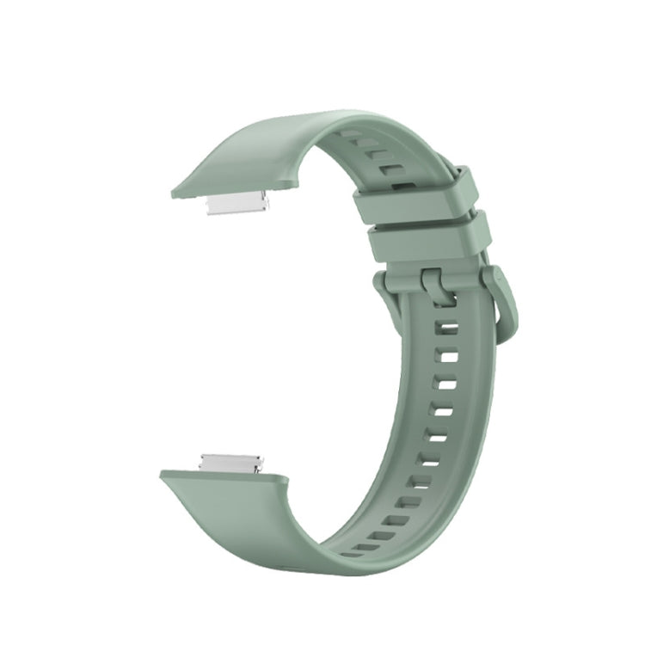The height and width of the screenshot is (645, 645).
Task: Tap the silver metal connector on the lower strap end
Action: pyautogui.click(x=230, y=463)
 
